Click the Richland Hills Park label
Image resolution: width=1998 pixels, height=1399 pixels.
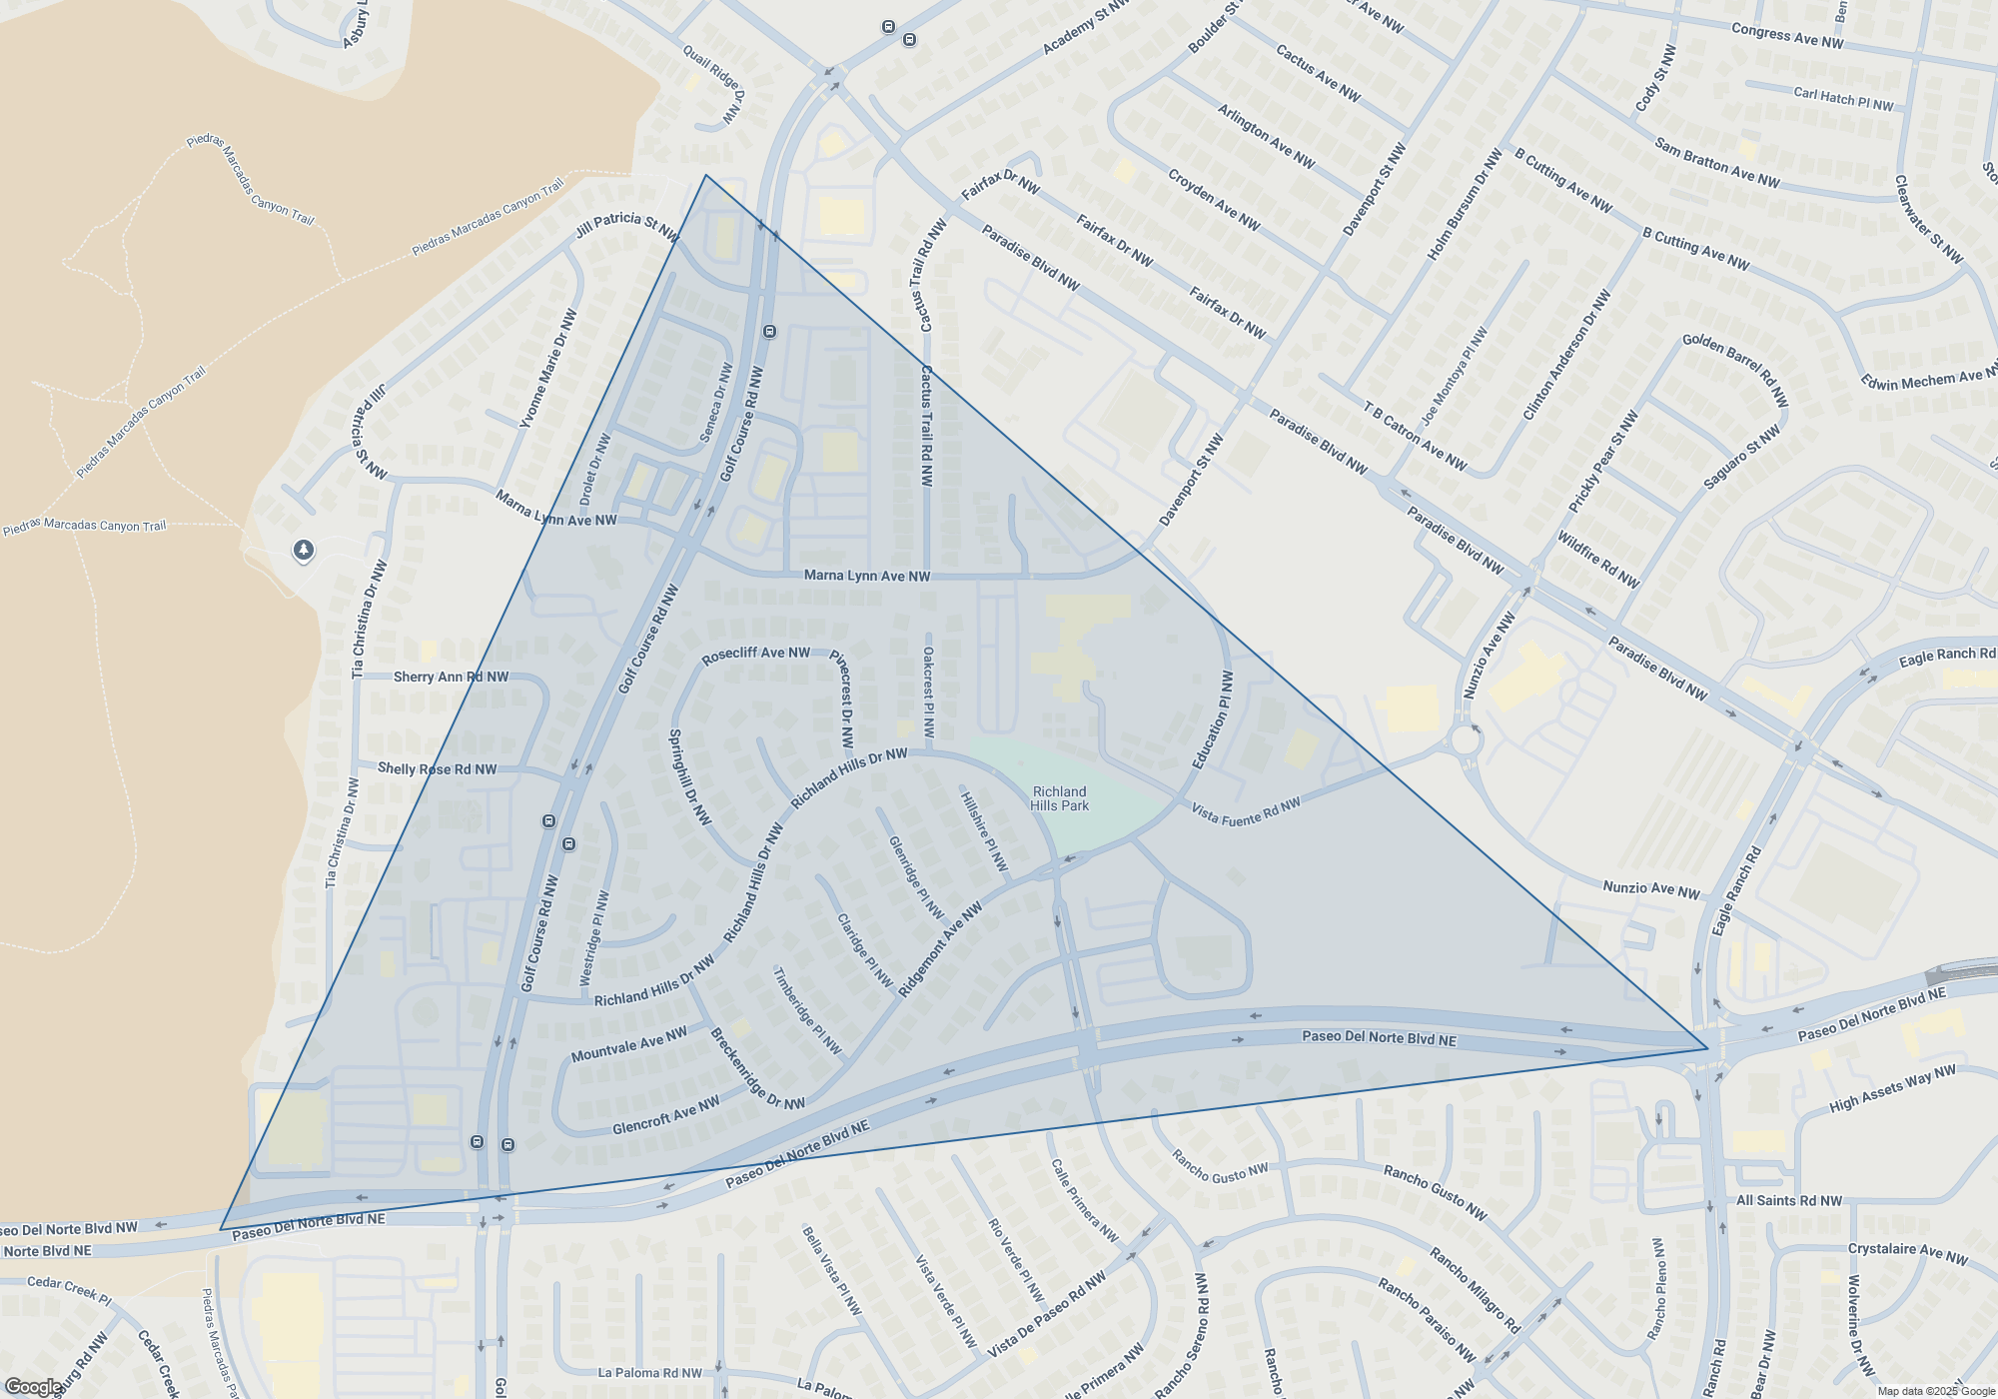tap(1059, 798)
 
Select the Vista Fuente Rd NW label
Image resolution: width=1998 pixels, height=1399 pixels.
tap(1246, 810)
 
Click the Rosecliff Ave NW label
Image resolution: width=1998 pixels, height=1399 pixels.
tap(755, 655)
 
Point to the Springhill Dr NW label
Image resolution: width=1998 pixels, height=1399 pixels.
tap(689, 777)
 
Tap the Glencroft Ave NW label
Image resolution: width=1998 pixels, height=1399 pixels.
tap(665, 1115)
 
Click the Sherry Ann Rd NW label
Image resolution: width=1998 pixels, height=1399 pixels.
tap(451, 677)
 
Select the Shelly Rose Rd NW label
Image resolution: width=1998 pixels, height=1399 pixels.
tap(437, 768)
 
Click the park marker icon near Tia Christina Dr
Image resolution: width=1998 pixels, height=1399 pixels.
tap(304, 550)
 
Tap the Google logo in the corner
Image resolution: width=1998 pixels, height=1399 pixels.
tap(32, 1387)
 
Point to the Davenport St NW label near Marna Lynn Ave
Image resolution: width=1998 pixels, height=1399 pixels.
tap(1191, 481)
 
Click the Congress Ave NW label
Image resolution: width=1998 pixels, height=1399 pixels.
tap(1786, 36)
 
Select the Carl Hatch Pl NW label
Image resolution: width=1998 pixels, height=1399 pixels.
tap(1843, 99)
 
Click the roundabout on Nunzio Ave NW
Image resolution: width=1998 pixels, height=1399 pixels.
tap(1466, 741)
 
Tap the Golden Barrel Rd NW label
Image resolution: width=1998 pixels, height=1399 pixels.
tap(1735, 369)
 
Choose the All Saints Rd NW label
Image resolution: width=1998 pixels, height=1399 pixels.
tap(1788, 1200)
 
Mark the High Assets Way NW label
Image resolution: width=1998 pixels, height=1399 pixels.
tap(1892, 1089)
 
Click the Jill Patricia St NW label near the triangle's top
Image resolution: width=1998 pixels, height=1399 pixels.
tap(626, 227)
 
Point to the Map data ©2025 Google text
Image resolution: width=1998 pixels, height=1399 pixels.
tap(1935, 1391)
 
